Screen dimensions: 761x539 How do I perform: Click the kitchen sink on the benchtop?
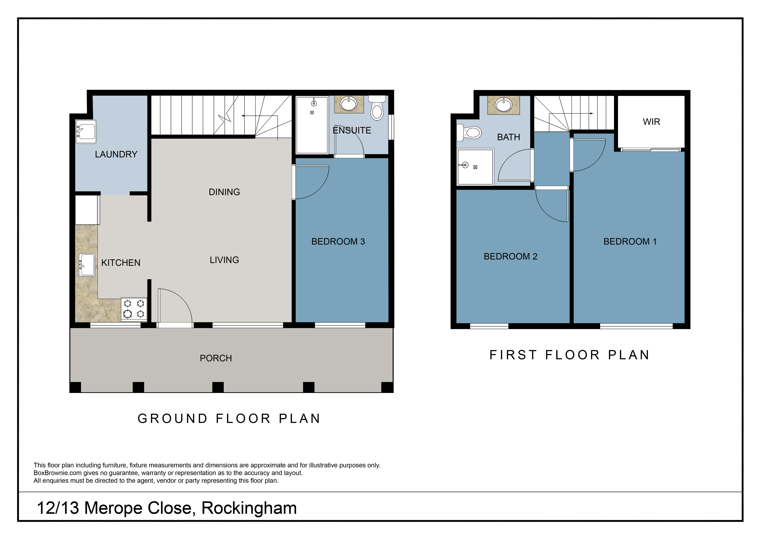[87, 265]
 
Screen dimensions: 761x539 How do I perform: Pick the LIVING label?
[224, 260]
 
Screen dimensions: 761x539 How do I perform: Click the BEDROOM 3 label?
[338, 242]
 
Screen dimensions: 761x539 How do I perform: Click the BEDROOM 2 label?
[510, 257]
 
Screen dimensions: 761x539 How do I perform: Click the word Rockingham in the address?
[249, 508]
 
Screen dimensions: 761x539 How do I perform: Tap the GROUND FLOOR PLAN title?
[229, 419]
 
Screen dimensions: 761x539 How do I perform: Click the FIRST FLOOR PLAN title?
[569, 355]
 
